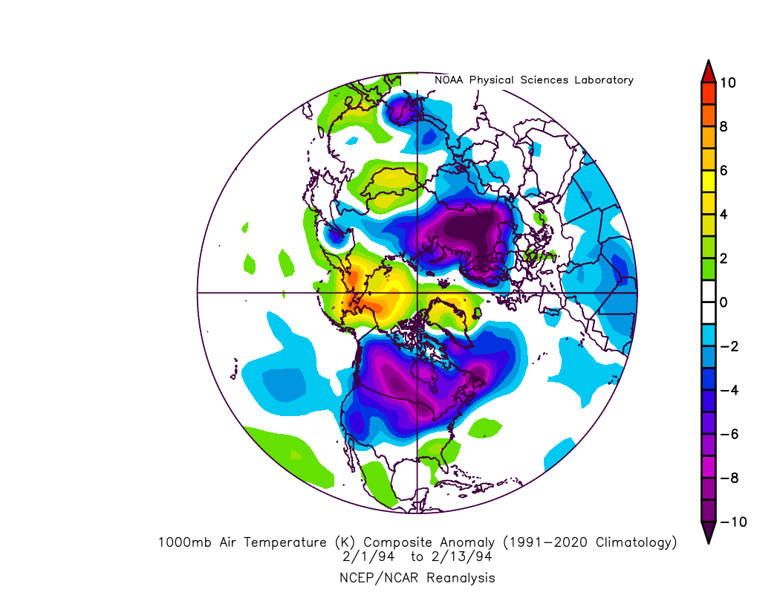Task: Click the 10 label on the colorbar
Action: click(728, 82)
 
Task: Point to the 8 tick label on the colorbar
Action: click(723, 126)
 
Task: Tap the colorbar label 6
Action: click(723, 170)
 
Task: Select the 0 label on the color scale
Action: click(723, 302)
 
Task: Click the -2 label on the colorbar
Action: click(728, 346)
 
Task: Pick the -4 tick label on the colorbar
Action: click(728, 390)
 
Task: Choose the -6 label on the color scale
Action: click(728, 434)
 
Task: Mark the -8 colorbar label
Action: click(728, 478)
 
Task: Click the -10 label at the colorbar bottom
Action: click(732, 522)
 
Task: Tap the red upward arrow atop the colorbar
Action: click(708, 72)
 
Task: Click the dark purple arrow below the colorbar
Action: click(708, 532)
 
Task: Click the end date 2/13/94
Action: click(461, 556)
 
